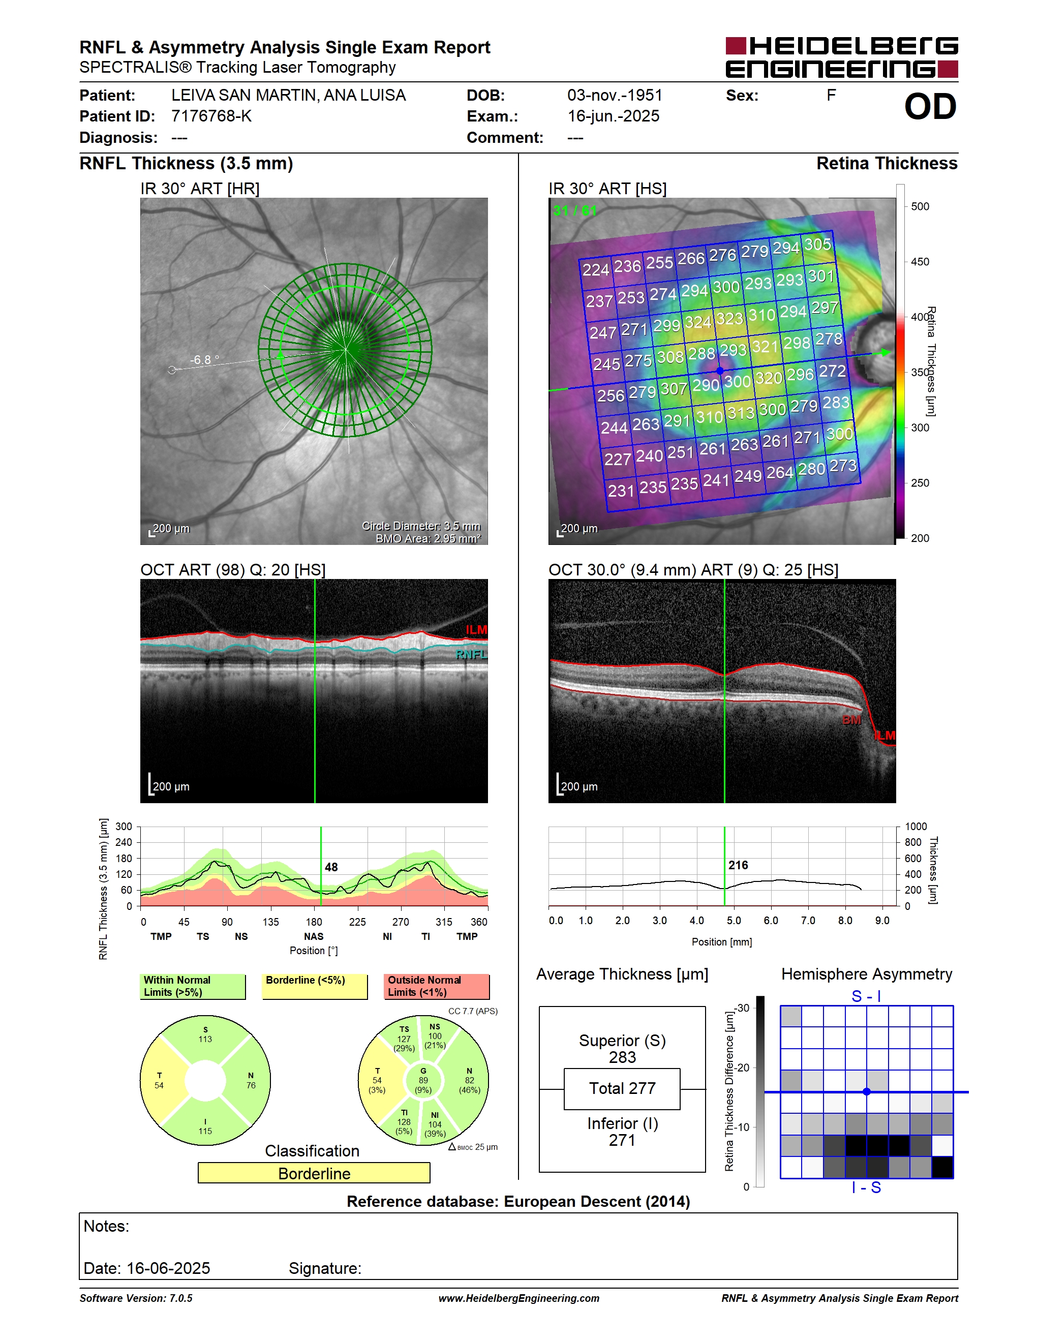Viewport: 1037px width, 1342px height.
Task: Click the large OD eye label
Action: click(x=930, y=107)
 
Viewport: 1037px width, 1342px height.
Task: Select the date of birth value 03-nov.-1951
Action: click(x=615, y=95)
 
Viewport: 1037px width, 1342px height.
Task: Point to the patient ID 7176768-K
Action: click(x=211, y=116)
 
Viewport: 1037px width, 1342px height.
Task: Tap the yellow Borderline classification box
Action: click(x=314, y=1173)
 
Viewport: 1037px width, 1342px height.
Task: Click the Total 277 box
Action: click(x=622, y=1089)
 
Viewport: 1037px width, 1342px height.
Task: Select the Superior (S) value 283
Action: click(x=622, y=1057)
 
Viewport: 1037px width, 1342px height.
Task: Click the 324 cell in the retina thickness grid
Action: click(x=698, y=322)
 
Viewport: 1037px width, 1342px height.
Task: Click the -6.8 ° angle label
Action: click(x=204, y=360)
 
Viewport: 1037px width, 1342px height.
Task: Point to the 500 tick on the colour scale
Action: click(x=920, y=206)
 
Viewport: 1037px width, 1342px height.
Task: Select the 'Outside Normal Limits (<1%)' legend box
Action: click(x=437, y=986)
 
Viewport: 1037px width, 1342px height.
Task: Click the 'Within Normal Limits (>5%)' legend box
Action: click(x=193, y=986)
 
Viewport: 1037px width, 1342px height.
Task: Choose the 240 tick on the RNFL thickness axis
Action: click(x=124, y=842)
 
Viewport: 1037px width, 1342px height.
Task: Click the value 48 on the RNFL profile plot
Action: click(x=331, y=867)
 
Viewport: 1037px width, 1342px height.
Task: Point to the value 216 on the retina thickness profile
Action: click(x=738, y=865)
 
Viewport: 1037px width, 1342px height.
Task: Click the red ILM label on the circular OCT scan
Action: click(x=476, y=630)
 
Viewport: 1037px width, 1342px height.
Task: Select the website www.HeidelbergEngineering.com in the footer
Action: click(x=518, y=1298)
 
